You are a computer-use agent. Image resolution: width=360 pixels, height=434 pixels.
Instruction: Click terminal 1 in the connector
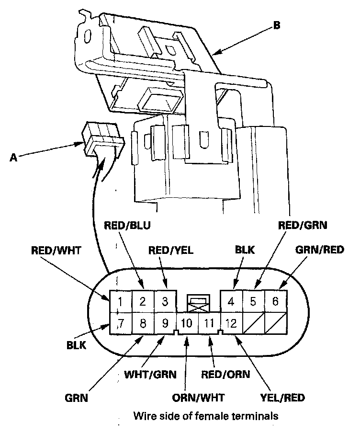click(121, 302)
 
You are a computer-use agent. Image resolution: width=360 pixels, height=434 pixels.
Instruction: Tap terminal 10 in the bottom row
click(187, 322)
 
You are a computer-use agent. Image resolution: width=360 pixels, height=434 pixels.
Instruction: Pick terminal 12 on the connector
click(231, 322)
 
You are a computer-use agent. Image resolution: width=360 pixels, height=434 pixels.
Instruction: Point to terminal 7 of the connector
click(121, 322)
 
